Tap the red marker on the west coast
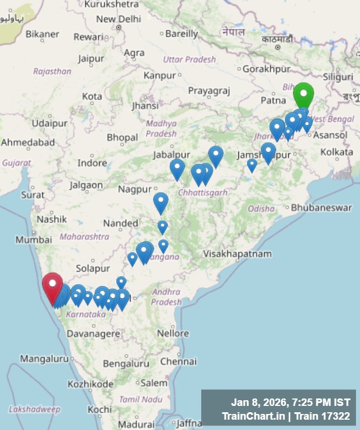(x=53, y=285)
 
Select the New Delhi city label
(x=118, y=19)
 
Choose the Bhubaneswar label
(x=321, y=208)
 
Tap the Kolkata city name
(x=336, y=152)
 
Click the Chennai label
(x=178, y=362)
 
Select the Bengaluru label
(x=126, y=363)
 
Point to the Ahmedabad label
(x=28, y=142)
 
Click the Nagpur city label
(x=135, y=189)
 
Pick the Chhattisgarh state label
(x=202, y=193)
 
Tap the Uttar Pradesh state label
(x=189, y=59)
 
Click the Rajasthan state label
(x=52, y=72)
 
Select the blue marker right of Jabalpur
(x=177, y=168)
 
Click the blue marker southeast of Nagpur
(x=161, y=202)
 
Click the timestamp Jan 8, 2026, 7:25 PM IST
(x=290, y=401)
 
